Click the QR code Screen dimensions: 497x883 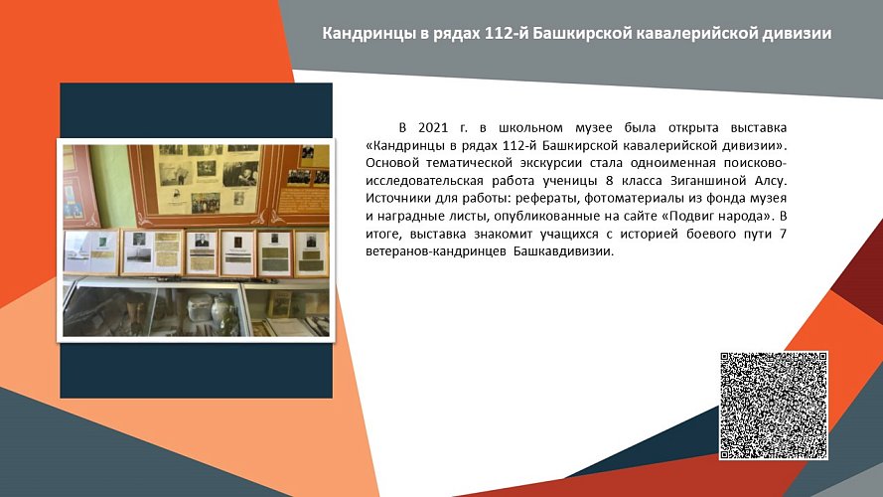pyautogui.click(x=774, y=406)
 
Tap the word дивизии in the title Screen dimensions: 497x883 pyautogui.click(x=795, y=34)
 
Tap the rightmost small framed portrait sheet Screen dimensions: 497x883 pyautogui.click(x=310, y=252)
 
